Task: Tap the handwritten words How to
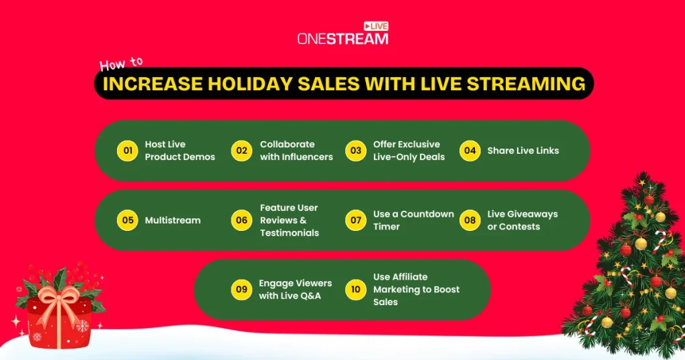pyautogui.click(x=121, y=64)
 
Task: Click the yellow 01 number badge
pyautogui.click(x=127, y=151)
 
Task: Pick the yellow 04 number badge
pyautogui.click(x=470, y=151)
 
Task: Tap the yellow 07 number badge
pyautogui.click(x=356, y=220)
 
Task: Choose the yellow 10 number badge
pyautogui.click(x=356, y=289)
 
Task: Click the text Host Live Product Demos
pyautogui.click(x=180, y=151)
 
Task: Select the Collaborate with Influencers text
pyautogui.click(x=296, y=151)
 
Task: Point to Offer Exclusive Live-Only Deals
pyautogui.click(x=409, y=151)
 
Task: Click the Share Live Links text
pyautogui.click(x=522, y=151)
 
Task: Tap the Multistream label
pyautogui.click(x=173, y=220)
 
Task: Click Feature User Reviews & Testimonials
pyautogui.click(x=290, y=220)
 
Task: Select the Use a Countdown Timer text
pyautogui.click(x=413, y=220)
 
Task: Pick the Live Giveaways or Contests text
pyautogui.click(x=522, y=220)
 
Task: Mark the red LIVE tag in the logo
pyautogui.click(x=375, y=25)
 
